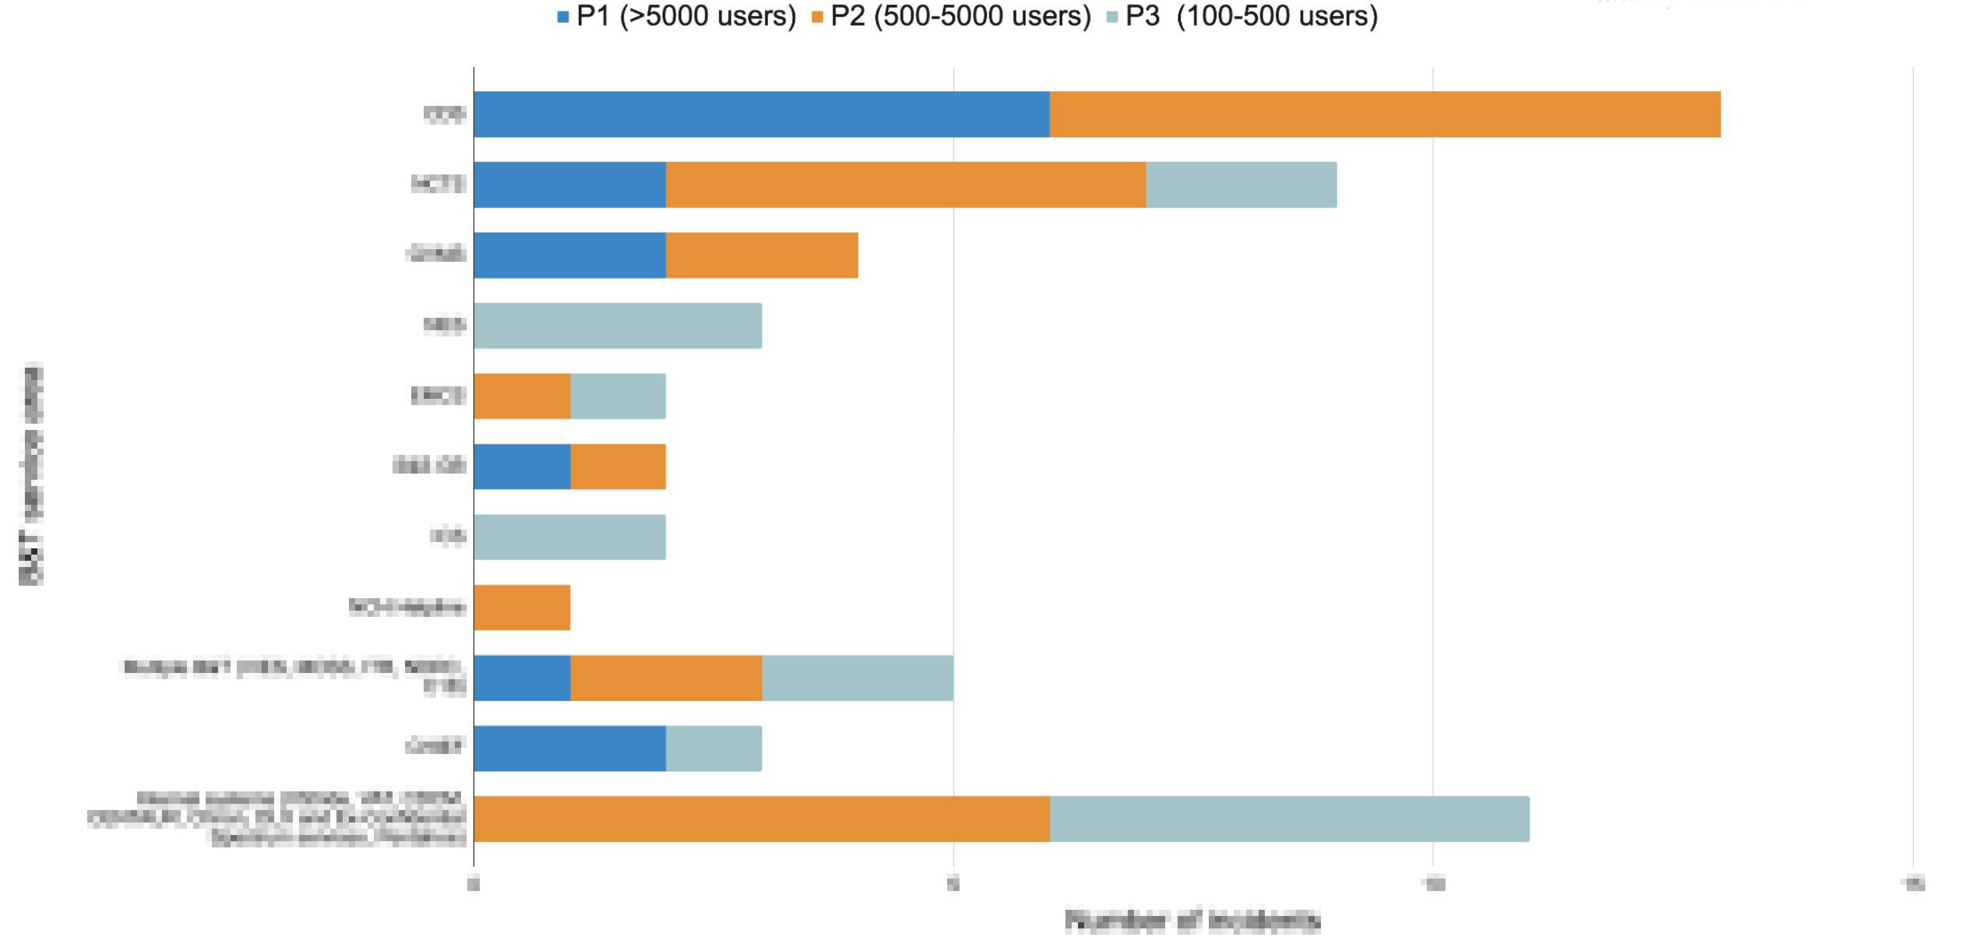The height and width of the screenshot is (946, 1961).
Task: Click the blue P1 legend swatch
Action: pyautogui.click(x=564, y=17)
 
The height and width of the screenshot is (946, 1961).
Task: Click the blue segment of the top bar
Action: pyautogui.click(x=761, y=114)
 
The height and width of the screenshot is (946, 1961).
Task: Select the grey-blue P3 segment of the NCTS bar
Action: pyautogui.click(x=1241, y=185)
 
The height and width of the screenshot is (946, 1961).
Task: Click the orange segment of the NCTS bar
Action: pyautogui.click(x=906, y=185)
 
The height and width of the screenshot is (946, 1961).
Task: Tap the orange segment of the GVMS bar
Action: pyautogui.click(x=762, y=255)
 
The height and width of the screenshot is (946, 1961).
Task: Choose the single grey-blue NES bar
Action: pyautogui.click(x=617, y=326)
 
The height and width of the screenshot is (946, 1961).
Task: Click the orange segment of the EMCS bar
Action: pyautogui.click(x=522, y=396)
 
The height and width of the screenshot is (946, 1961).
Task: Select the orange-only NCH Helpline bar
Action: pyautogui.click(x=522, y=607)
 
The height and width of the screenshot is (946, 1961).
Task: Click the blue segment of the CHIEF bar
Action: pyautogui.click(x=569, y=748)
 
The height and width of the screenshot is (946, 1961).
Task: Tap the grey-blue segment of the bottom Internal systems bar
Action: pyautogui.click(x=1289, y=819)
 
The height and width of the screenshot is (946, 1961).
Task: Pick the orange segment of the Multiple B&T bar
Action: pyautogui.click(x=666, y=678)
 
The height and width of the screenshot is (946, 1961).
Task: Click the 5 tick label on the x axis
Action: pyautogui.click(x=953, y=884)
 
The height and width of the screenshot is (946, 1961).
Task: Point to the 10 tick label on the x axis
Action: pyautogui.click(x=1433, y=884)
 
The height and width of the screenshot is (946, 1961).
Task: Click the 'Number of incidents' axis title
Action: pyautogui.click(x=1192, y=921)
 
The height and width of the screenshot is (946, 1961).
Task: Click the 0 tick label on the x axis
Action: pyautogui.click(x=474, y=884)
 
